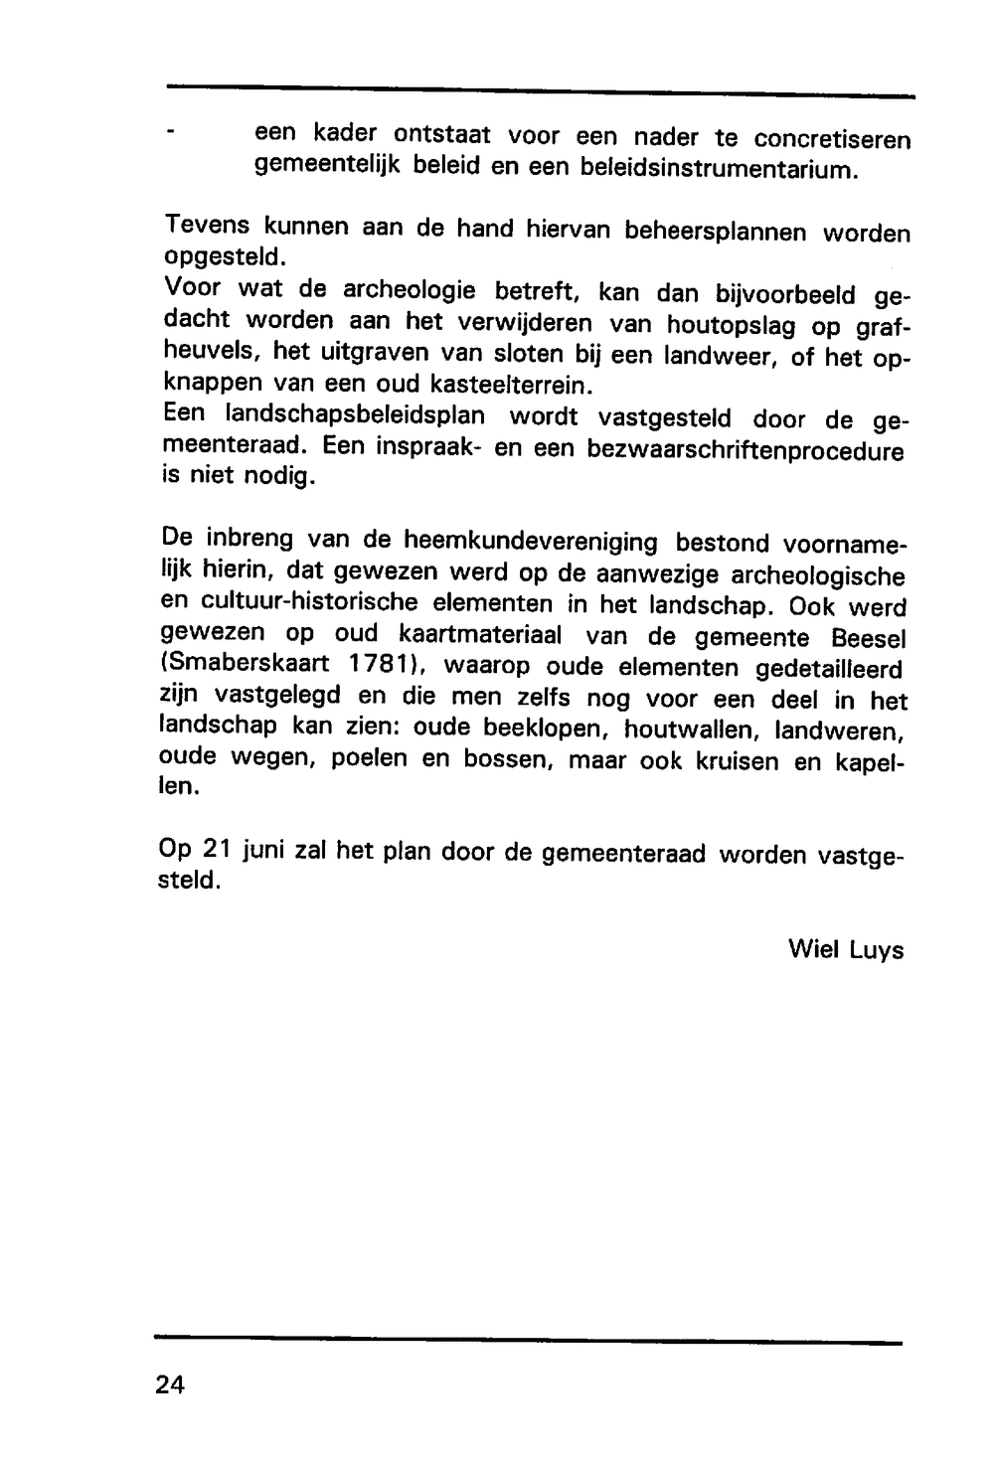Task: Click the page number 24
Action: [x=170, y=1384]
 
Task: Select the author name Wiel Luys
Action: [x=846, y=949]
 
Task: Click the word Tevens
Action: [x=205, y=226]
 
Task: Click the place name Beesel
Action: [x=868, y=638]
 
